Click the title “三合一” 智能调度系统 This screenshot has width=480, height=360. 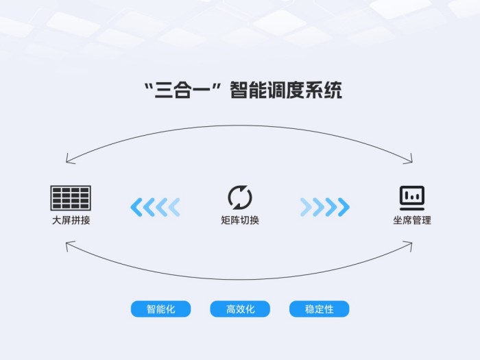point(243,90)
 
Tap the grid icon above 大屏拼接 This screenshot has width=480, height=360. point(71,197)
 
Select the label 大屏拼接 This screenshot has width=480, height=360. point(71,220)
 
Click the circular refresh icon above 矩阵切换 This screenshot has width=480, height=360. point(240,197)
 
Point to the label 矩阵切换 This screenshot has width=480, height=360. point(240,220)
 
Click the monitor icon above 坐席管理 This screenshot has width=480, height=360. point(412,198)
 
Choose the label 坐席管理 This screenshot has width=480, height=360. point(412,220)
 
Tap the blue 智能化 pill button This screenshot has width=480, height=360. point(160,309)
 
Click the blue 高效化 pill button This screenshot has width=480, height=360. point(240,309)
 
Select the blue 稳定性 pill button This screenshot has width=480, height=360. point(320,309)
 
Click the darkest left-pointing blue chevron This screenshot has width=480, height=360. point(136,207)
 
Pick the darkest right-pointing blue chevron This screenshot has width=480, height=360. point(344,207)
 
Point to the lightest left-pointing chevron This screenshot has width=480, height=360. point(174,207)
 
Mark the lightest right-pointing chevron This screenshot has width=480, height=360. point(306,207)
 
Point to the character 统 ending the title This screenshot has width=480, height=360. point(333,91)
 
